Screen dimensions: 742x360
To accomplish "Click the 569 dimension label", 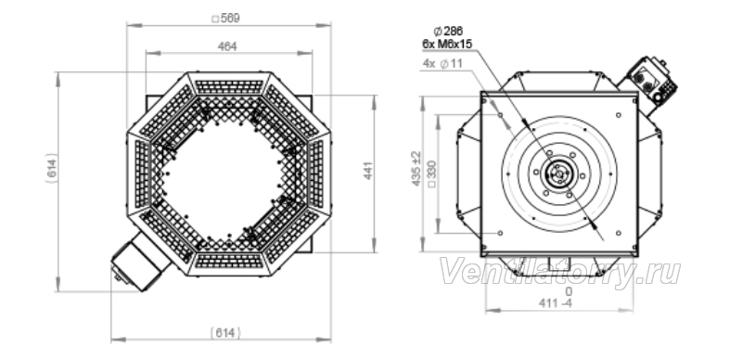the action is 225,19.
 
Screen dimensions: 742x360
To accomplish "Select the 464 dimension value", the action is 227,46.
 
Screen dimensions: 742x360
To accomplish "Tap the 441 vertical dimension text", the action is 368,171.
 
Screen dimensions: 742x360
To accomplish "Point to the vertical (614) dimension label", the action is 52,168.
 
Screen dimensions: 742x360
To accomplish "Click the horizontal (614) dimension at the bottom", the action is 225,333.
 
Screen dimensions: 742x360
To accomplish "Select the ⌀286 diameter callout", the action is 448,32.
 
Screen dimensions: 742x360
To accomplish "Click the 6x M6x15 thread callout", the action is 447,44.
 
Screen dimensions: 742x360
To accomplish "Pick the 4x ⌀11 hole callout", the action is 442,63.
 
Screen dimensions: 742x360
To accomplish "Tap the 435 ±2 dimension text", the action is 416,169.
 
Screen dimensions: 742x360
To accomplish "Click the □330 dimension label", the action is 431,174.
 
